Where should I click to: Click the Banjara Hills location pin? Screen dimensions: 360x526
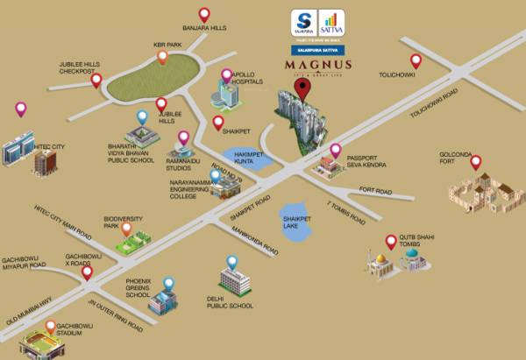click(204, 14)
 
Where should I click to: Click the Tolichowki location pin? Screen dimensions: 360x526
click(416, 61)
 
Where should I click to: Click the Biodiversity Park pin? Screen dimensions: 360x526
click(126, 229)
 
